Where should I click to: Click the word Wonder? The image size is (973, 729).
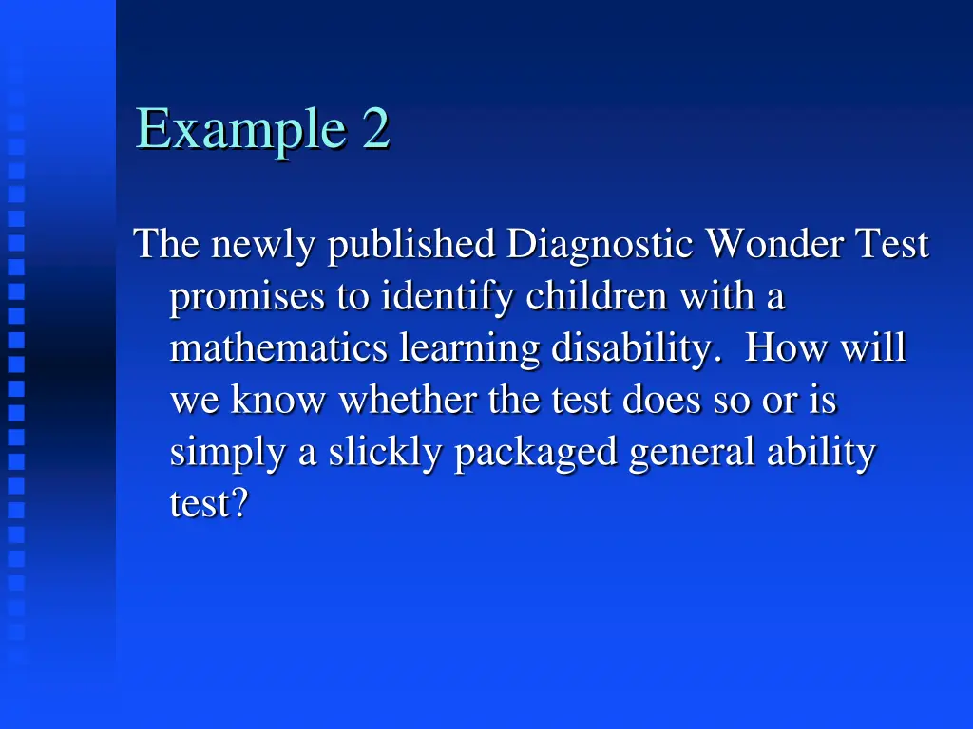pyautogui.click(x=774, y=246)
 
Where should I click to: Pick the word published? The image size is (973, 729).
pyautogui.click(x=411, y=246)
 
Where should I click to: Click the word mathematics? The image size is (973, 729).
pyautogui.click(x=278, y=349)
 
